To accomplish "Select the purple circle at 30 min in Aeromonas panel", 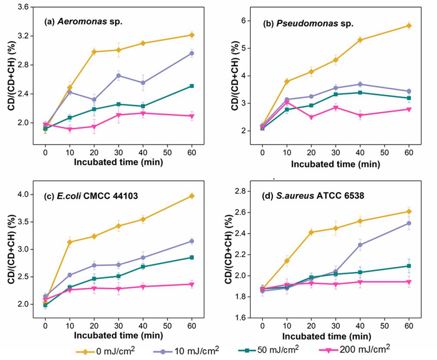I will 119,76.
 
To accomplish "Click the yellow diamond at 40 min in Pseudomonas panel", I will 360,40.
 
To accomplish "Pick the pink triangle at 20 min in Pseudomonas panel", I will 311,117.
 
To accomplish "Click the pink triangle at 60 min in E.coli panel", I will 192,284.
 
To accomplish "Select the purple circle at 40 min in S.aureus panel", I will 360,245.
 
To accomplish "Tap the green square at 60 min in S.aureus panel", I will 409,266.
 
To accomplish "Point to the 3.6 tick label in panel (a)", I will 23,7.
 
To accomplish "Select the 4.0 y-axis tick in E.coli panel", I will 23,194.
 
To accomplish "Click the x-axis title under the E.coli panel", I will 118,336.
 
